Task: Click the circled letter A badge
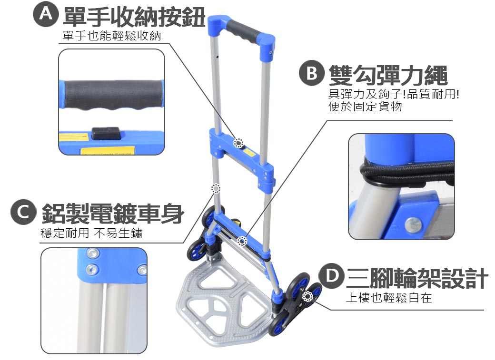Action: (46, 14)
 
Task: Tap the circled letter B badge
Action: (312, 73)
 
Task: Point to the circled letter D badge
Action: (331, 276)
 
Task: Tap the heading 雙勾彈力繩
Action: (388, 75)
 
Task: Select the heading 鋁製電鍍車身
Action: (113, 214)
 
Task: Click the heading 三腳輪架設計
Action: (417, 278)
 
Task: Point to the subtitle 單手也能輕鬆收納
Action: (112, 36)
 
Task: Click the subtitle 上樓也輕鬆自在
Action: (388, 298)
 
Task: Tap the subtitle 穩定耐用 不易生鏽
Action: (91, 233)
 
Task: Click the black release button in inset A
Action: (106, 133)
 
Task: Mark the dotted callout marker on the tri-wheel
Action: (307, 297)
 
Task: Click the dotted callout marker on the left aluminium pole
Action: (216, 188)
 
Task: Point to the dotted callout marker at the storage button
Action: (238, 143)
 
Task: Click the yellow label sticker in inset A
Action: (108, 151)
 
